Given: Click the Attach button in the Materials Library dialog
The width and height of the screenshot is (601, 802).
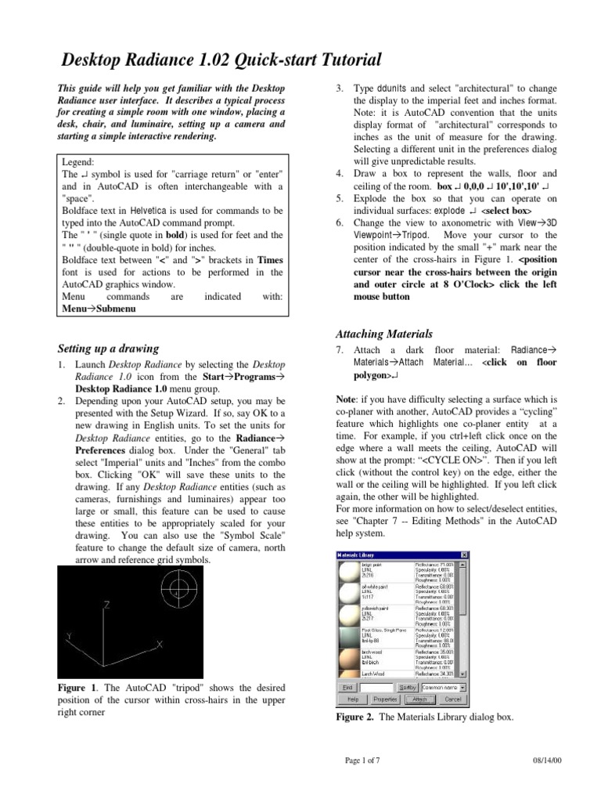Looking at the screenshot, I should (x=419, y=698).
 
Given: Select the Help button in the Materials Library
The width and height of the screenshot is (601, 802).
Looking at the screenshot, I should (x=351, y=698).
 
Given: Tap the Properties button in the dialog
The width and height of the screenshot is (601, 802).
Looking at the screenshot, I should (x=385, y=698).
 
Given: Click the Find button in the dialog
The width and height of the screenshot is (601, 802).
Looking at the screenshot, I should (x=347, y=686).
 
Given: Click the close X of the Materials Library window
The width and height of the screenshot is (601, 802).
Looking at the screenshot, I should (x=464, y=555).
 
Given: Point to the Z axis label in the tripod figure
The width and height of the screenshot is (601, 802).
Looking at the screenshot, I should (x=107, y=605).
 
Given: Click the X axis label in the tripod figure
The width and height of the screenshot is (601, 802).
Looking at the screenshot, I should (x=159, y=644).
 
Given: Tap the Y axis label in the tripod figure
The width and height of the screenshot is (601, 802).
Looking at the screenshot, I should (x=69, y=638).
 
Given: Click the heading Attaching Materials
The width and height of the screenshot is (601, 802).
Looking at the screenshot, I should (x=383, y=334).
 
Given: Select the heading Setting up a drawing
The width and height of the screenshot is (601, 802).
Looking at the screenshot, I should (x=109, y=348).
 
